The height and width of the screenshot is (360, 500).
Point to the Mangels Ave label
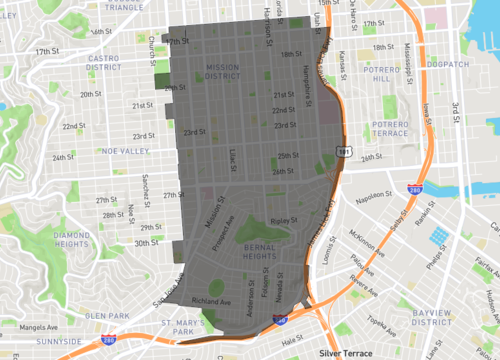[x=22, y=325]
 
